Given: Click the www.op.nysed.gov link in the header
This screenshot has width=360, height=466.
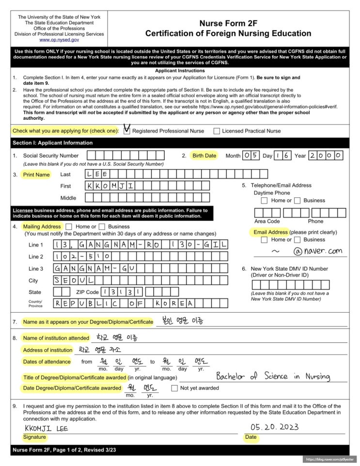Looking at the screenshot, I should (x=59, y=40).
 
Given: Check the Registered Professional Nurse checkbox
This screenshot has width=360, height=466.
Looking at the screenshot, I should (x=127, y=131).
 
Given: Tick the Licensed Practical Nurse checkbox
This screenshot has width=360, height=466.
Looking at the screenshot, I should (x=217, y=131).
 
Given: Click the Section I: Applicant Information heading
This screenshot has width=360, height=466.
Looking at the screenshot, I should (x=52, y=143).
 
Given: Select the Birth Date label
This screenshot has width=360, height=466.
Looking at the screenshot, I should (x=204, y=156).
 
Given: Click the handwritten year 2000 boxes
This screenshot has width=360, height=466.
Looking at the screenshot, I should (x=326, y=156).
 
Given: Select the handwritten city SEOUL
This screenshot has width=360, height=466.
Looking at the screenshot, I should (x=73, y=280).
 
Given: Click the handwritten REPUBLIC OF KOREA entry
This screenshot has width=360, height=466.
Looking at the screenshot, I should (x=124, y=303).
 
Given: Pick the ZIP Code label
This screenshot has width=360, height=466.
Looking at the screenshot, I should (x=87, y=292).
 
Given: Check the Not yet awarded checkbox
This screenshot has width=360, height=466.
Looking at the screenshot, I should (x=174, y=388).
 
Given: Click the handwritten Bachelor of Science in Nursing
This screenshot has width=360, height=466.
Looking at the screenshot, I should (x=273, y=376).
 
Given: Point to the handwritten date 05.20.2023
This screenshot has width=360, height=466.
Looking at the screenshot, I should (x=274, y=427).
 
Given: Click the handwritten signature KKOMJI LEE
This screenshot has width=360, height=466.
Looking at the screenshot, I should (x=47, y=428).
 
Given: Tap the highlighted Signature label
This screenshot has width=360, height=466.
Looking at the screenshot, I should (x=34, y=437).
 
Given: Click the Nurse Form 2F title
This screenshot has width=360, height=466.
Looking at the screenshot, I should (x=228, y=23).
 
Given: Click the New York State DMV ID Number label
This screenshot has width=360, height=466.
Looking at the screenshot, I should (x=289, y=269).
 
